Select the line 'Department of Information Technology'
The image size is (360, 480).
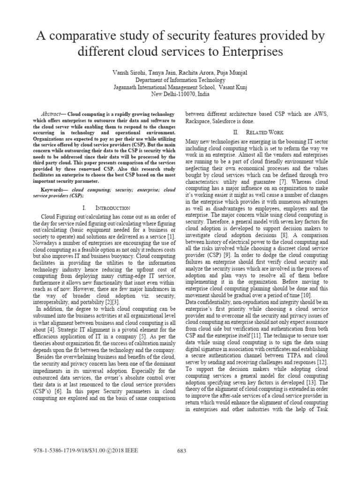180,80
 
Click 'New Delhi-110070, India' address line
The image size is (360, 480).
180,94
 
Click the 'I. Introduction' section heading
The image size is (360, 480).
103,208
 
